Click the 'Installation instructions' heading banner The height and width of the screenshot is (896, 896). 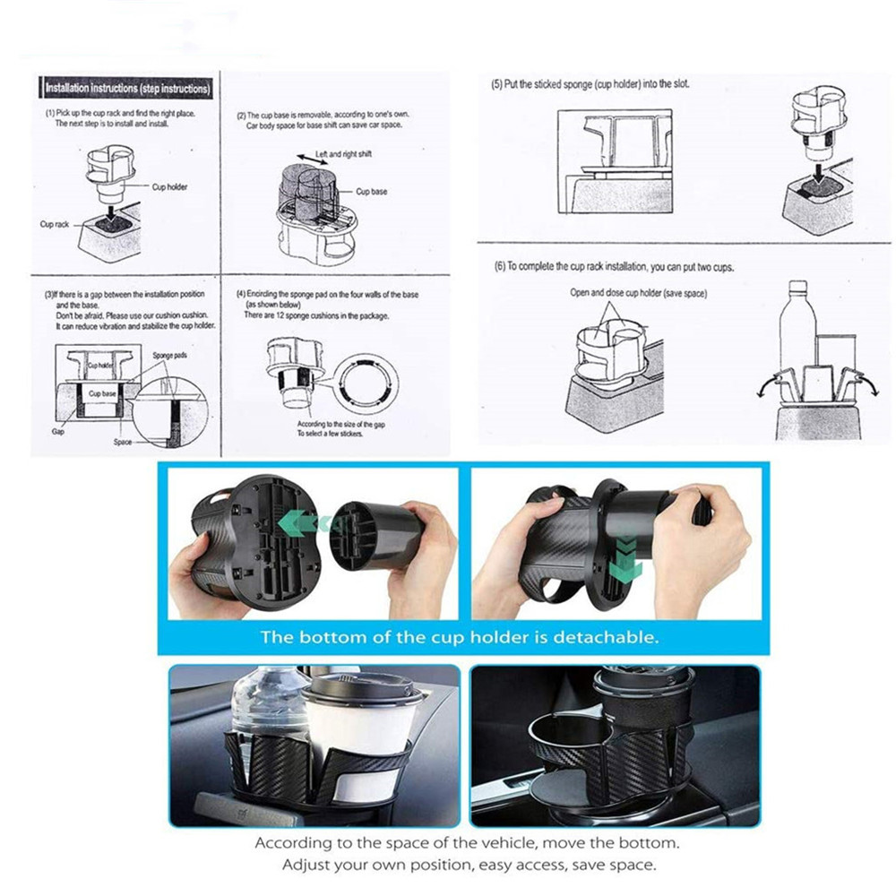127,89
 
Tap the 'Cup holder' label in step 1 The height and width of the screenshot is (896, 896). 169,187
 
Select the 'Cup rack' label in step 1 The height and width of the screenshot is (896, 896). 54,224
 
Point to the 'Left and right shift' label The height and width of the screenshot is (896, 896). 343,154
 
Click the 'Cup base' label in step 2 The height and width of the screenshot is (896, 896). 371,192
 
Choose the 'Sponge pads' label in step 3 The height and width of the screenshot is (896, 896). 168,356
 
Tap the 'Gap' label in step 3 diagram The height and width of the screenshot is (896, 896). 58,431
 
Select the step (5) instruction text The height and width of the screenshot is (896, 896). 590,84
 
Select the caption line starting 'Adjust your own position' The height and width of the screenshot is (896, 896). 469,865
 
